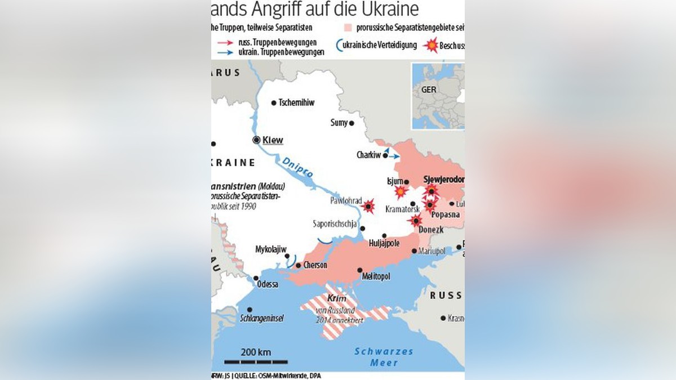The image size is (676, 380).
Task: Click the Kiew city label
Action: click(273, 140)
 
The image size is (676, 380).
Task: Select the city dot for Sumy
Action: click(352, 123)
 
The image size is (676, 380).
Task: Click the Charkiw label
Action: click(368, 155)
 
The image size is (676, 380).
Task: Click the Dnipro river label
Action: click(297, 167)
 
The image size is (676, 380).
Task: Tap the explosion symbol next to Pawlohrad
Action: click(368, 207)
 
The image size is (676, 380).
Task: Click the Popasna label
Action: click(445, 215)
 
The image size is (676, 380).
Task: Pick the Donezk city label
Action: click(432, 230)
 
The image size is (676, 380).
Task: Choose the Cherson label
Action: click(315, 265)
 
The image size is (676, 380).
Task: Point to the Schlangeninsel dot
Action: click(248, 309)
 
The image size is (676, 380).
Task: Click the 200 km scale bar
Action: click(256, 361)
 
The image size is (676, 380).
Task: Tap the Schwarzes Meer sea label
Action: click(384, 357)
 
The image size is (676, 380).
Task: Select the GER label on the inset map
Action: click(429, 90)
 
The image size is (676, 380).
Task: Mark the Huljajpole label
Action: click(384, 244)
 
